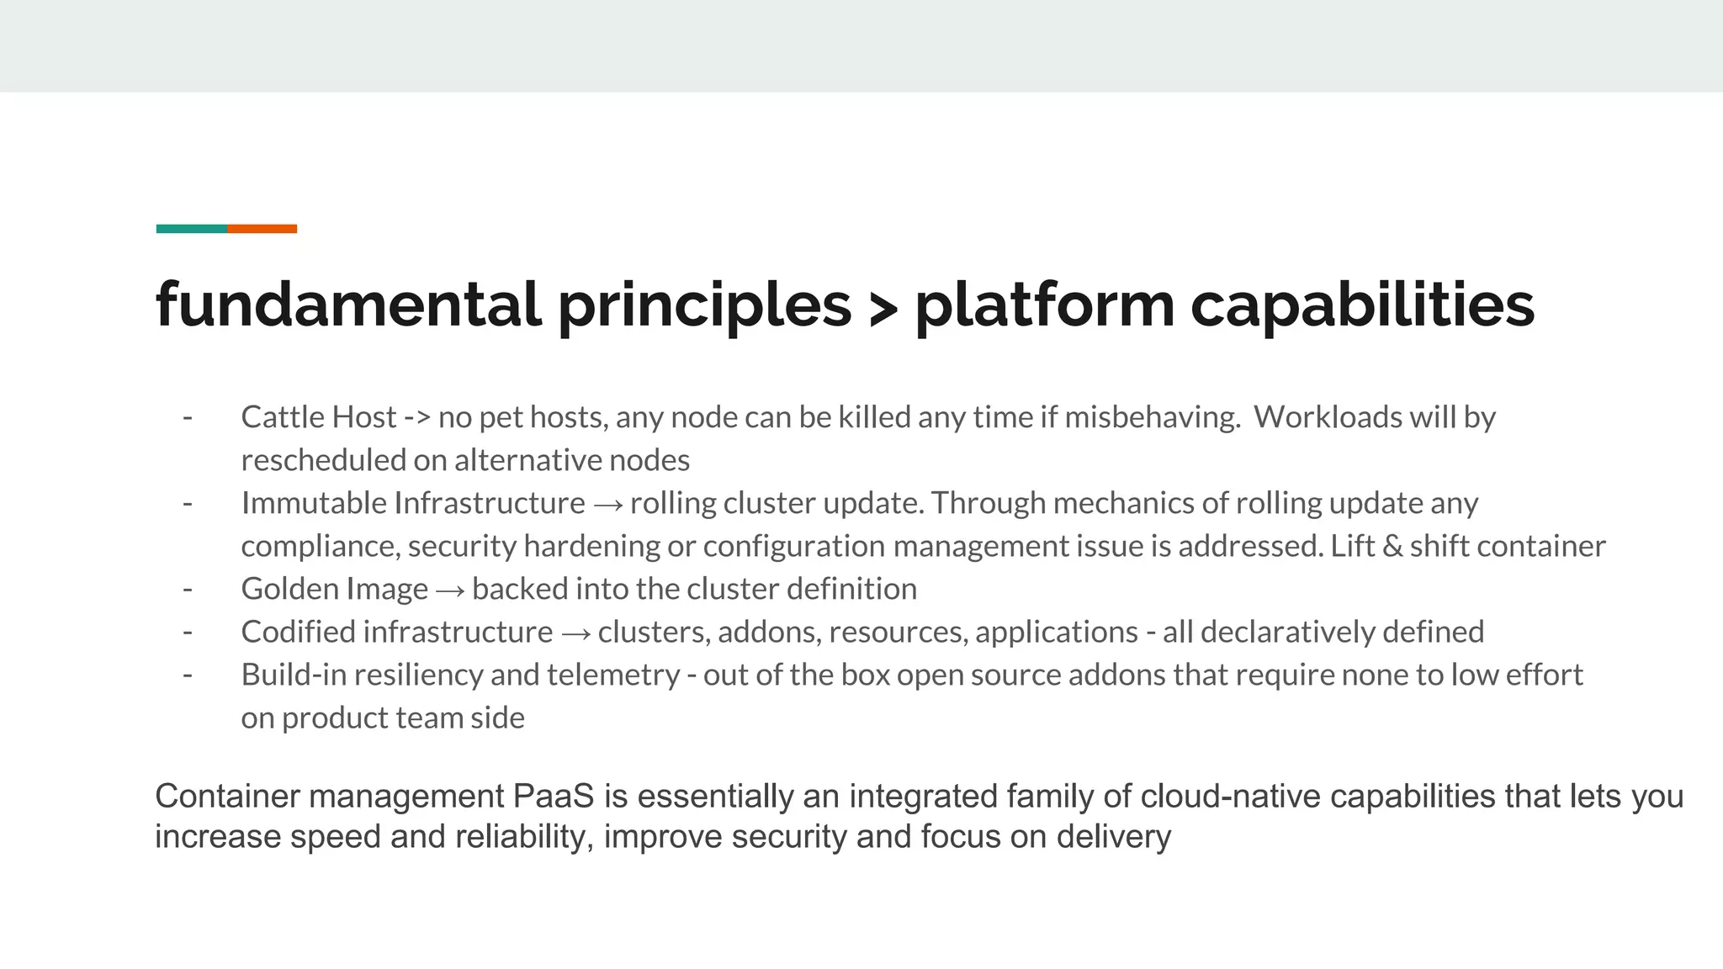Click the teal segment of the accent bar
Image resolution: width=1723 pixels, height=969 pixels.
(x=191, y=229)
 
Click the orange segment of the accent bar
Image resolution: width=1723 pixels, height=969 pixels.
(x=262, y=229)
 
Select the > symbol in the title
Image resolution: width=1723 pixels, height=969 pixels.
(x=883, y=309)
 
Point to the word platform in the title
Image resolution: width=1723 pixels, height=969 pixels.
(x=1044, y=305)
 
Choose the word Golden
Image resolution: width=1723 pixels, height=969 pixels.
(x=289, y=589)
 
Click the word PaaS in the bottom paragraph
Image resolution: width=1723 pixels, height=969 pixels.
(x=553, y=796)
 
